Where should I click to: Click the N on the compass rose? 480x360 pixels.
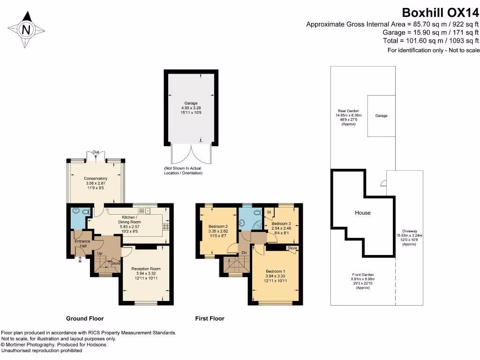pos(27,30)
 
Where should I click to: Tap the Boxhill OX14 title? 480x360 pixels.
pos(440,13)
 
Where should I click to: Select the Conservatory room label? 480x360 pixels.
pos(96,179)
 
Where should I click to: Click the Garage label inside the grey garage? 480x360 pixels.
pos(191,103)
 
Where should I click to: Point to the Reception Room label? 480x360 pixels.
pos(146,269)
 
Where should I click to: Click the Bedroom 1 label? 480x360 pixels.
pos(276,271)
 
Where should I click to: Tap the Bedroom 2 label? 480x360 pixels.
pos(218,226)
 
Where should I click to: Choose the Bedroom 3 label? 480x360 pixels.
pos(281,224)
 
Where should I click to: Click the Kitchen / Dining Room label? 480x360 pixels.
pos(129,219)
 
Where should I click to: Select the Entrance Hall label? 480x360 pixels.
pos(82,243)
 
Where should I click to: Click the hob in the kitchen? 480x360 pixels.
pos(166,227)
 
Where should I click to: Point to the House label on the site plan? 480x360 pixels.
pos(362,213)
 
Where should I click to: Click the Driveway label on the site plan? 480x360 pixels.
pos(410,232)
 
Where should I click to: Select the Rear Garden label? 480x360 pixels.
pos(348,111)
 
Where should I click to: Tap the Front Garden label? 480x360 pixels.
pos(363,275)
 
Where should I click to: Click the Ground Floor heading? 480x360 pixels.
pos(85,319)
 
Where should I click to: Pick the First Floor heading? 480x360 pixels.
pos(210,319)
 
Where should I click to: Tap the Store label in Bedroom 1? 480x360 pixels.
pos(292,248)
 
